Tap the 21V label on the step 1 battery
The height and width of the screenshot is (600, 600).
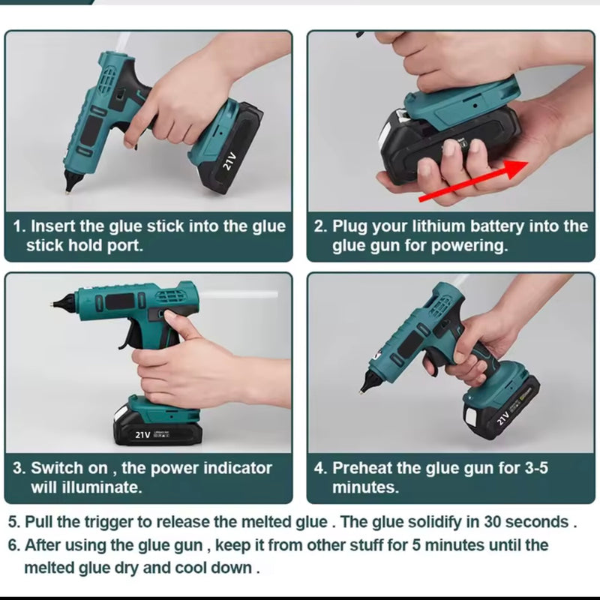pyautogui.click(x=229, y=160)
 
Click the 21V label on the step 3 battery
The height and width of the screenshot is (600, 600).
pyautogui.click(x=142, y=435)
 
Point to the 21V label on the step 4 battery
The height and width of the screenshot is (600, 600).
pyautogui.click(x=503, y=418)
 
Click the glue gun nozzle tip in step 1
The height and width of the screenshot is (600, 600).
pyautogui.click(x=67, y=193)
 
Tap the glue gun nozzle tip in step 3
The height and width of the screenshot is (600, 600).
pyautogui.click(x=51, y=304)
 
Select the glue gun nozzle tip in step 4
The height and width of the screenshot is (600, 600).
pyautogui.click(x=361, y=391)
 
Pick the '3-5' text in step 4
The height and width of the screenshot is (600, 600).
pyautogui.click(x=535, y=468)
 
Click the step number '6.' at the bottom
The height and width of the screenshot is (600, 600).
pyautogui.click(x=14, y=545)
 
